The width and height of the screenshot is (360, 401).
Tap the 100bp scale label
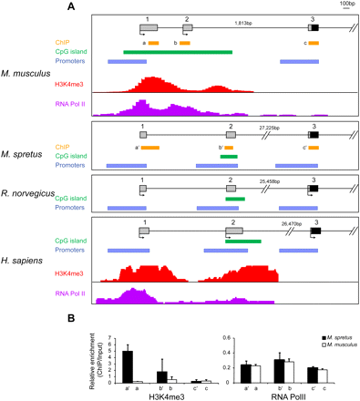coord(346,5)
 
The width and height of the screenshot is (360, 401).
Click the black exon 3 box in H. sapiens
coord(315,231)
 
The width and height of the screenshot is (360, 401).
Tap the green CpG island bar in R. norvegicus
coord(235,198)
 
